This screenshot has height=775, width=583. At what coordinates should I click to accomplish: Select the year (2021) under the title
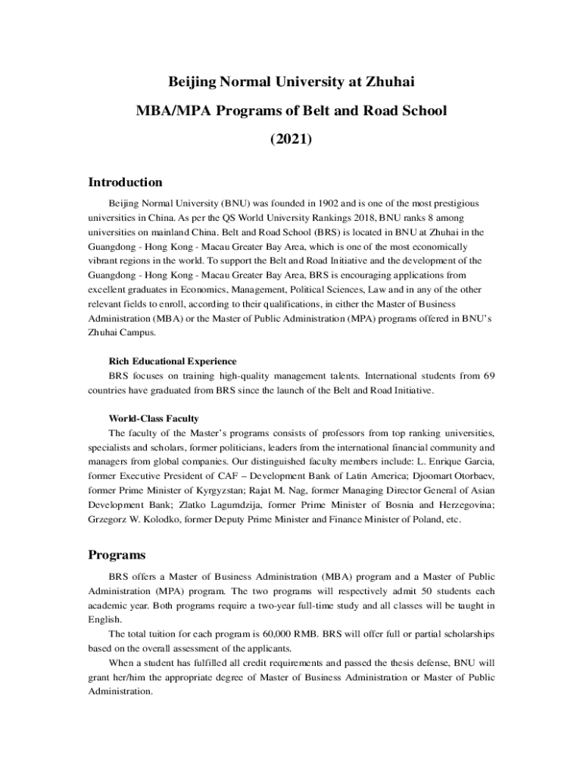(291, 140)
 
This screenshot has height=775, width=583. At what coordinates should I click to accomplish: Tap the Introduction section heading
(125, 182)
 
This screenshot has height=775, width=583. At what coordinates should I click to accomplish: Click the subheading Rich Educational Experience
(173, 361)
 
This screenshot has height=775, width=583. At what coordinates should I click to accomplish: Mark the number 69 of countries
(488, 375)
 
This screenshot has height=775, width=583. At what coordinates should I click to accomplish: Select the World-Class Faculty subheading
(154, 419)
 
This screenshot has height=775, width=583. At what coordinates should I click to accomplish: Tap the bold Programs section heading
(117, 555)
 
